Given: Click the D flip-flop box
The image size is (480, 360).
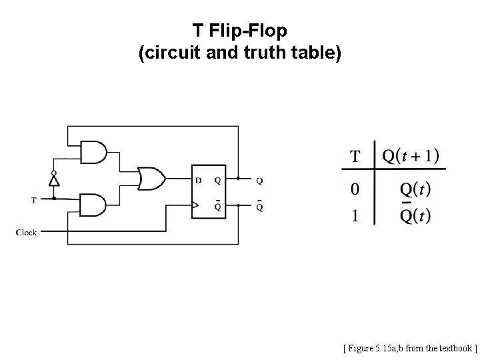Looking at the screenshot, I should [208, 191].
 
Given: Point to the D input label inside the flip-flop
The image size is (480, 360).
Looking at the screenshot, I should [198, 179].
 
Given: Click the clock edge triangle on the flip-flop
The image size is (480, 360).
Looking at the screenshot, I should [195, 205].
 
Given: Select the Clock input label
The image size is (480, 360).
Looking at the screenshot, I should [27, 232].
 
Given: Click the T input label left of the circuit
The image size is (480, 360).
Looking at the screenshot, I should [34, 199].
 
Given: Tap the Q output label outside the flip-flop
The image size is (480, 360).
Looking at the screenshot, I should [259, 180].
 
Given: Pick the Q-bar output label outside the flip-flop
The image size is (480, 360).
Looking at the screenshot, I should [259, 207].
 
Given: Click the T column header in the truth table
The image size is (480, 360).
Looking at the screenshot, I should [355, 157].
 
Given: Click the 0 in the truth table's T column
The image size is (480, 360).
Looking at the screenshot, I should [355, 189].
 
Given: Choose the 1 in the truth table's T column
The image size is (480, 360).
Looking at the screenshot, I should [355, 216].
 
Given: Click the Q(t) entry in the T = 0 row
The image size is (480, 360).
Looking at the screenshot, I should [415, 189].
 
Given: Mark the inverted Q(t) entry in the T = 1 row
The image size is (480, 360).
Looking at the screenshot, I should [415, 215].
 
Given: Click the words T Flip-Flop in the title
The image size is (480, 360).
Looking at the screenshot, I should [239, 31].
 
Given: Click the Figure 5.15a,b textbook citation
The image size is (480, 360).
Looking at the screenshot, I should [409, 347].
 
